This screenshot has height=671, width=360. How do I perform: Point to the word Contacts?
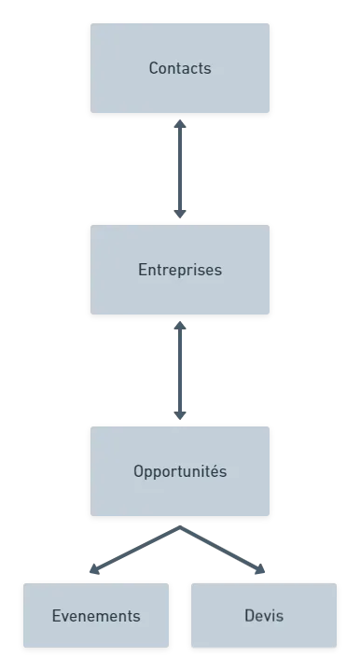[180, 68]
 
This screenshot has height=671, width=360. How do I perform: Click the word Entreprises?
[180, 270]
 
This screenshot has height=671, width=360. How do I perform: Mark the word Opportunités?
[180, 471]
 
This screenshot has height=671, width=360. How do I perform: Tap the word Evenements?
[96, 616]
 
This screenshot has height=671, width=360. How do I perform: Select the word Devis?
[264, 616]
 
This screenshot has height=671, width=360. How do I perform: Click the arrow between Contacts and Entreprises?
[179, 168]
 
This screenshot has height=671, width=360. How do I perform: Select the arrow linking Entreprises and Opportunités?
[179, 370]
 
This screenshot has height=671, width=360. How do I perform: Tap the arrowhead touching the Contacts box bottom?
[179, 124]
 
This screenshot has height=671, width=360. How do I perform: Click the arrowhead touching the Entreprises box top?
[179, 214]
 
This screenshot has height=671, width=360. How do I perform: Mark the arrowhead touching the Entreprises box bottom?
[179, 326]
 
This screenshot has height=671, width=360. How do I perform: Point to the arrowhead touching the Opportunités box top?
[179, 415]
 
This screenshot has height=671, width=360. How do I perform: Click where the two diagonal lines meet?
[179, 528]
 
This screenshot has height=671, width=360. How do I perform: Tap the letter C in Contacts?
[154, 68]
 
